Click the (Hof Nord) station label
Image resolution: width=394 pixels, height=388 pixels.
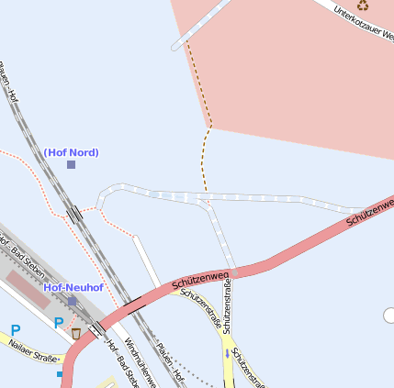point(71,152)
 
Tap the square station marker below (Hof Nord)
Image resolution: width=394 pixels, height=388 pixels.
point(71,164)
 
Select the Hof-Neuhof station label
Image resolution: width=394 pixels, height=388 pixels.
point(73,287)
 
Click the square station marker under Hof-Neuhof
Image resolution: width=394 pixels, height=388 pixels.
point(73,300)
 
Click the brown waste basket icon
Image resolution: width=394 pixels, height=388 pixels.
point(76,333)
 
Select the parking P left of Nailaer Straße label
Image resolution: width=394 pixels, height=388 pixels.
point(15,329)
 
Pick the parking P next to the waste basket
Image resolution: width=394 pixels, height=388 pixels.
point(59,323)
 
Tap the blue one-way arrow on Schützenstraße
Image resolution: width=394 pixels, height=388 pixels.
point(227,353)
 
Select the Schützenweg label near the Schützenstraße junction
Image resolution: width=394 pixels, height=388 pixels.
point(200,279)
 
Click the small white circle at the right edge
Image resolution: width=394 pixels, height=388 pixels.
point(389,316)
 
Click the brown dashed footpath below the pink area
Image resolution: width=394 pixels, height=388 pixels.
point(205,161)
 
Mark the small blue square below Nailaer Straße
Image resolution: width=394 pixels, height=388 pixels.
point(61,374)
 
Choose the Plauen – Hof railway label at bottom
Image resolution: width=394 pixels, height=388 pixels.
point(172,366)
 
